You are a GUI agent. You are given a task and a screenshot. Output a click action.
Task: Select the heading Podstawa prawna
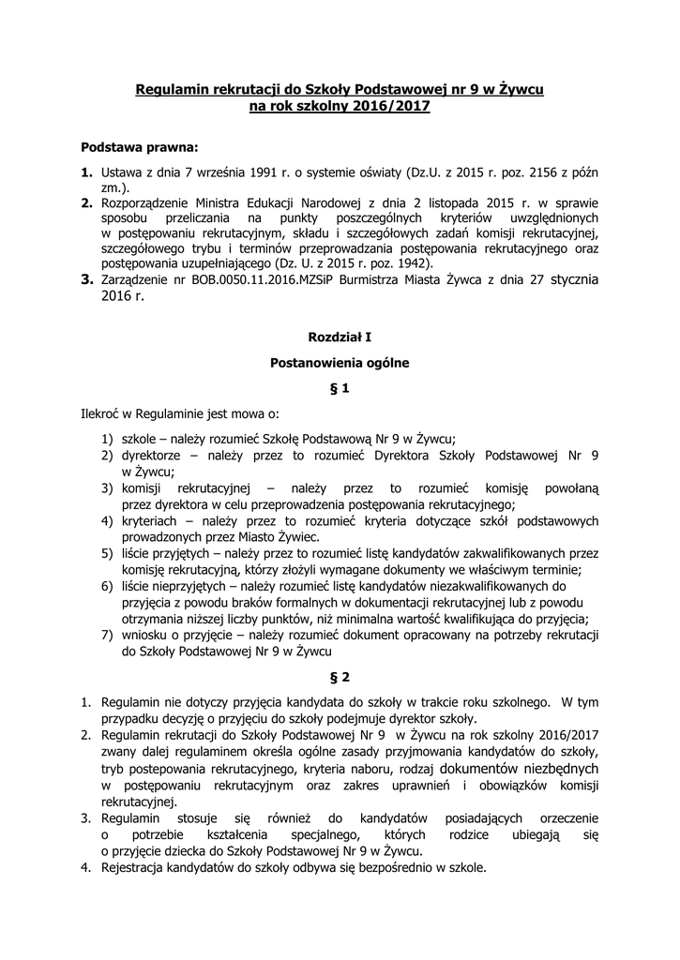pyautogui.click(x=140, y=147)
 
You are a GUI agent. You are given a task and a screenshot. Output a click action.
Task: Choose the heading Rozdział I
pyautogui.click(x=340, y=335)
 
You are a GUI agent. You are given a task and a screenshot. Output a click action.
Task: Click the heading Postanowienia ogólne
pyautogui.click(x=340, y=361)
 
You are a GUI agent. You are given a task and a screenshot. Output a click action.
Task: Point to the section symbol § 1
pyautogui.click(x=340, y=387)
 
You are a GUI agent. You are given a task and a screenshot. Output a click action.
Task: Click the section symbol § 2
pyautogui.click(x=340, y=676)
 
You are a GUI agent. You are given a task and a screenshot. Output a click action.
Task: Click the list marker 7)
pyautogui.click(x=109, y=635)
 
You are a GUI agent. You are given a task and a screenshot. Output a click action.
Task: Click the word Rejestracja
pyautogui.click(x=134, y=867)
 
